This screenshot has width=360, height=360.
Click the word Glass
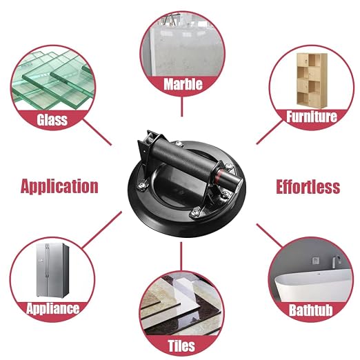[x=52, y=120]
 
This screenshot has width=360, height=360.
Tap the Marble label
[x=183, y=84]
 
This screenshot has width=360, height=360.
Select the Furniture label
[x=312, y=117]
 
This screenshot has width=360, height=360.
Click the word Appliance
[x=53, y=308]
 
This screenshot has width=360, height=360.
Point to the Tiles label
[x=181, y=346]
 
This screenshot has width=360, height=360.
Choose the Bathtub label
[x=310, y=310]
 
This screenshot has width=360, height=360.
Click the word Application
[x=59, y=186]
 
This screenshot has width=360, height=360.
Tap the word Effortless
[x=308, y=187]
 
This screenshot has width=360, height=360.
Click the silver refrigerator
[x=52, y=270]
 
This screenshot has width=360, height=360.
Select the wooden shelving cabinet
[x=312, y=81]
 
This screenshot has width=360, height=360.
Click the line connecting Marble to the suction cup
[x=182, y=106]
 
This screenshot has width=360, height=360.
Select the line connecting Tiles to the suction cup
[x=181, y=256]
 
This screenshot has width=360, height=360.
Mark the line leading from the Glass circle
[x=97, y=132]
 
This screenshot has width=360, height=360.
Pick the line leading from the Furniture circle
[x=270, y=132]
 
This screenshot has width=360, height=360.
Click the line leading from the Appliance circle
[x=102, y=230]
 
